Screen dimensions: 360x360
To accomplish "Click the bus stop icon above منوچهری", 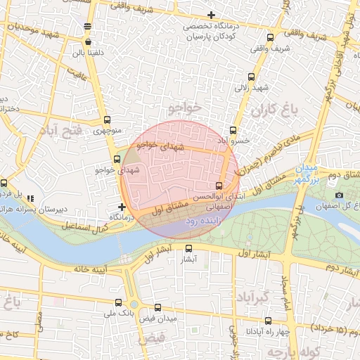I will pyautogui.click(x=107, y=120).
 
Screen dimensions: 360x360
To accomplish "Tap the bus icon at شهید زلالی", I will pyautogui.click(x=252, y=77).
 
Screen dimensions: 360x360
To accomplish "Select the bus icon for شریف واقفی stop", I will pyautogui.click(x=271, y=38).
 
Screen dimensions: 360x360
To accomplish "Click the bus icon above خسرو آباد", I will pyautogui.click(x=233, y=130).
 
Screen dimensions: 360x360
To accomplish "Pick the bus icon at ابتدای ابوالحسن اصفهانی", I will pyautogui.click(x=219, y=186).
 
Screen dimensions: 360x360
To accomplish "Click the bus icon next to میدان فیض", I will pyautogui.click(x=157, y=307).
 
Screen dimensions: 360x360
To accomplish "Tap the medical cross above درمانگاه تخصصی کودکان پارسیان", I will pyautogui.click(x=211, y=15).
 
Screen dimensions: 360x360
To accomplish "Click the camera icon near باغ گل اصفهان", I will pyautogui.click(x=340, y=195).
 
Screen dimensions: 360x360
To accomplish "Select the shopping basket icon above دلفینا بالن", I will pyautogui.click(x=86, y=27).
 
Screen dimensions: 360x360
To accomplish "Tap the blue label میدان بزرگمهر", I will pyautogui.click(x=307, y=174).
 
